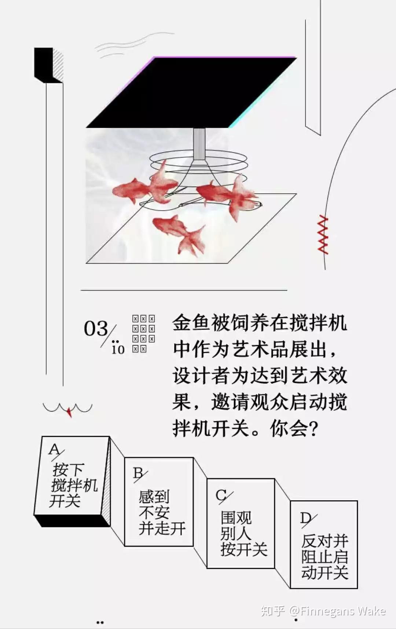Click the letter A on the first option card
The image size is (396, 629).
tap(54, 449)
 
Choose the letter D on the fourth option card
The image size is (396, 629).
tap(305, 518)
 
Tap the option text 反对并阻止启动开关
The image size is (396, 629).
tap(324, 557)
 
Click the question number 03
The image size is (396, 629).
tap(96, 328)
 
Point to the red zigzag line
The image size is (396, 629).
tap(323, 235)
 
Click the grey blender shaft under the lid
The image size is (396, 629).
tap(199, 144)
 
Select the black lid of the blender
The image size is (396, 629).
tap(191, 92)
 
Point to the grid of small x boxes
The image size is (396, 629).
tap(143, 333)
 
